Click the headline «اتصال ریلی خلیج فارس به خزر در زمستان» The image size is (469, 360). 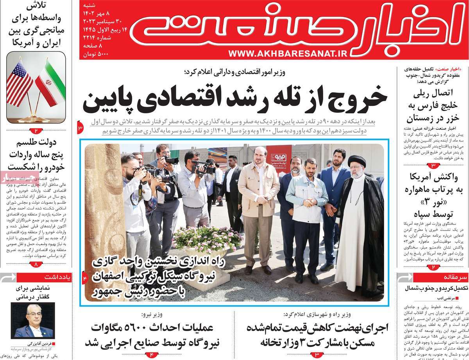pyautogui.click(x=433, y=106)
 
